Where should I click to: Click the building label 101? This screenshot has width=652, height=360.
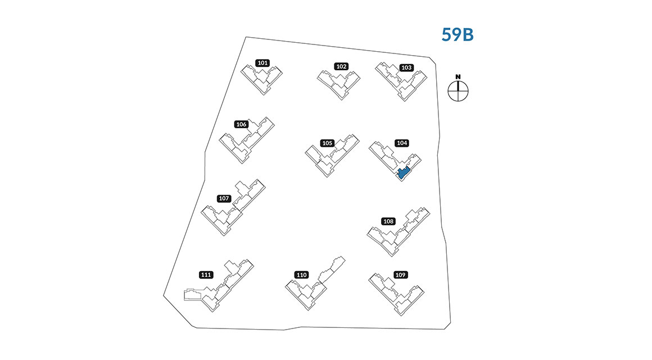[x=262, y=63]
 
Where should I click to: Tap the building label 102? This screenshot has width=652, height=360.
[x=341, y=66]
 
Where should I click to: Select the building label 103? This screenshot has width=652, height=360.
[x=406, y=67]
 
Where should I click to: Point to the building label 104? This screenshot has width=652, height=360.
[x=402, y=143]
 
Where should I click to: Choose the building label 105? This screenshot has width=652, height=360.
[x=328, y=143]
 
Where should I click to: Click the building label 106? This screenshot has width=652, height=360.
[x=242, y=124]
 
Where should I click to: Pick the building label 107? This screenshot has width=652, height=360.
[x=224, y=199]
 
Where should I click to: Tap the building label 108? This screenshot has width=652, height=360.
[x=388, y=221]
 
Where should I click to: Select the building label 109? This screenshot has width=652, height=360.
[x=400, y=275]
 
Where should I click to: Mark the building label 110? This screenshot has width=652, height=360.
[x=302, y=275]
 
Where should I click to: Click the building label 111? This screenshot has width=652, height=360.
[x=206, y=275]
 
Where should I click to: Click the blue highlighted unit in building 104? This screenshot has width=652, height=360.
[x=402, y=172]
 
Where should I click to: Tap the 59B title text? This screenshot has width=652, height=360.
[x=458, y=35]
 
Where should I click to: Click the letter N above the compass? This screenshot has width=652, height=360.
[x=458, y=76]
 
